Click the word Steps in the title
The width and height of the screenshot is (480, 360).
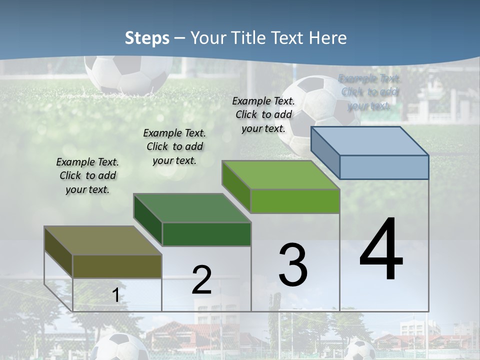pos(147,38)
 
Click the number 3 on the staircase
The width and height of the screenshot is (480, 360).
pos(293,265)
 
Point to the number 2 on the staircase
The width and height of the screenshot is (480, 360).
pos(201,280)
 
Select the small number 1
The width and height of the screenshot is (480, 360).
pos(115,295)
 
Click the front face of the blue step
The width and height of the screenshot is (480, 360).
pos(384,167)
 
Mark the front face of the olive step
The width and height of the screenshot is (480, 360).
pos(117,266)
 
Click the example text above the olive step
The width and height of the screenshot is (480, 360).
pos(87,176)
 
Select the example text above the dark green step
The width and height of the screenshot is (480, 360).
pos(174,146)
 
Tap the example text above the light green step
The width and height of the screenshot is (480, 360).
pos(263,114)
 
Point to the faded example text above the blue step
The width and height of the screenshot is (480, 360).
pos(369,92)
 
